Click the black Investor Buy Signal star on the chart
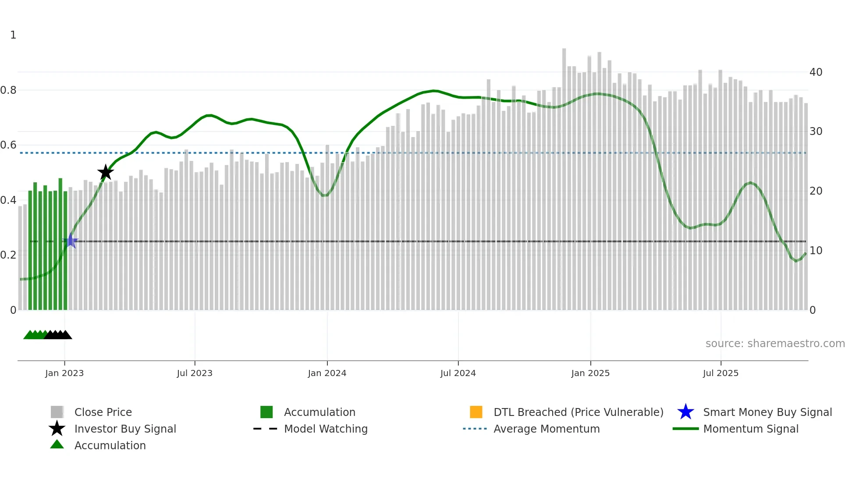click(x=105, y=173)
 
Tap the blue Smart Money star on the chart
click(x=71, y=241)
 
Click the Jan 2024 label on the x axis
click(x=327, y=373)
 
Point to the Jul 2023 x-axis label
click(x=195, y=373)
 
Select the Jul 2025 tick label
click(x=721, y=373)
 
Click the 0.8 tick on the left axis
click(x=8, y=90)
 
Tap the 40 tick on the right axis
click(x=816, y=72)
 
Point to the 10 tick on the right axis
click(x=816, y=251)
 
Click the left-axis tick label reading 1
click(x=13, y=35)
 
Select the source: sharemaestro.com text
click(x=775, y=343)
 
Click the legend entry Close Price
click(x=103, y=412)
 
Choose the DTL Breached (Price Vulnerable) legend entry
click(x=578, y=412)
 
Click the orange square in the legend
click(x=476, y=412)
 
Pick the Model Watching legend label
click(x=326, y=429)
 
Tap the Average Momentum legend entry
click(x=547, y=429)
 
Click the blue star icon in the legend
click(x=685, y=412)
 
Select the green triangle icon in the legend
click(x=57, y=445)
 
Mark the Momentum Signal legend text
click(x=751, y=429)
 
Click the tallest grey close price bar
click(x=564, y=175)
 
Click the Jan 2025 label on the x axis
click(x=590, y=373)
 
